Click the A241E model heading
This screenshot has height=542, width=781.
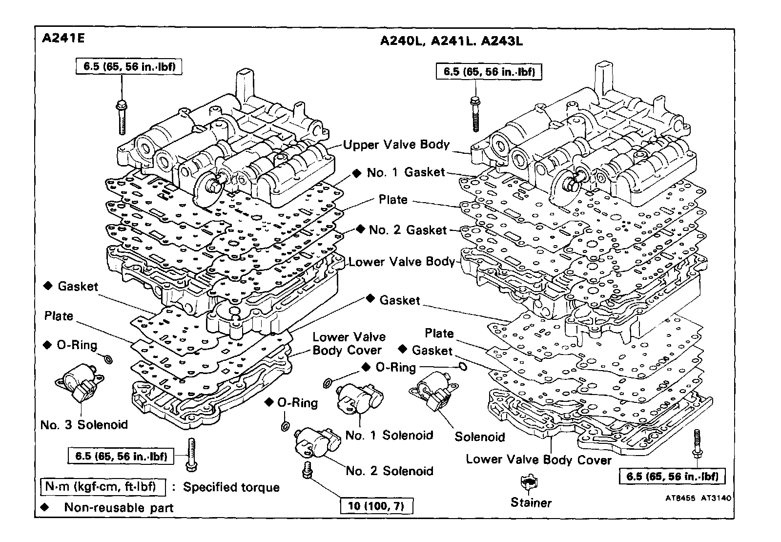63,38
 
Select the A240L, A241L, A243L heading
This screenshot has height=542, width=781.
451,41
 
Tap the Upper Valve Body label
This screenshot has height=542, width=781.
396,145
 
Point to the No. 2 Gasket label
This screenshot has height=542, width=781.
408,230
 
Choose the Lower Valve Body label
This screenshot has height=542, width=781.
401,262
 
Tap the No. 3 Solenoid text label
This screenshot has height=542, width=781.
84,425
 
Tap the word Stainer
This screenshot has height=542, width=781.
531,503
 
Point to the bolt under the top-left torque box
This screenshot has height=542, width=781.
121,116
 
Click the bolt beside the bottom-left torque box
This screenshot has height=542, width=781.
191,455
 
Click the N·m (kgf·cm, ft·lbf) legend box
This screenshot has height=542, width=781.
103,487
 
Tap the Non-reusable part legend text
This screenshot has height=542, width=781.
119,508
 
